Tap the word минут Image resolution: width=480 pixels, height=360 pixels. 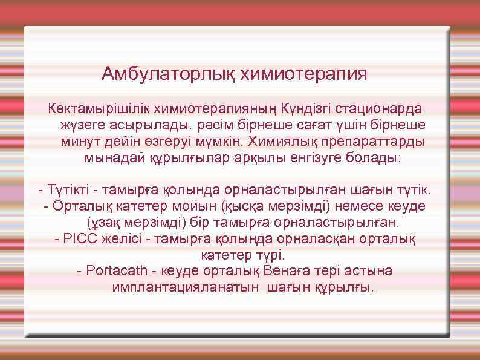[79, 142]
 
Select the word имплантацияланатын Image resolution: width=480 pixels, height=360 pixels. [186, 286]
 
